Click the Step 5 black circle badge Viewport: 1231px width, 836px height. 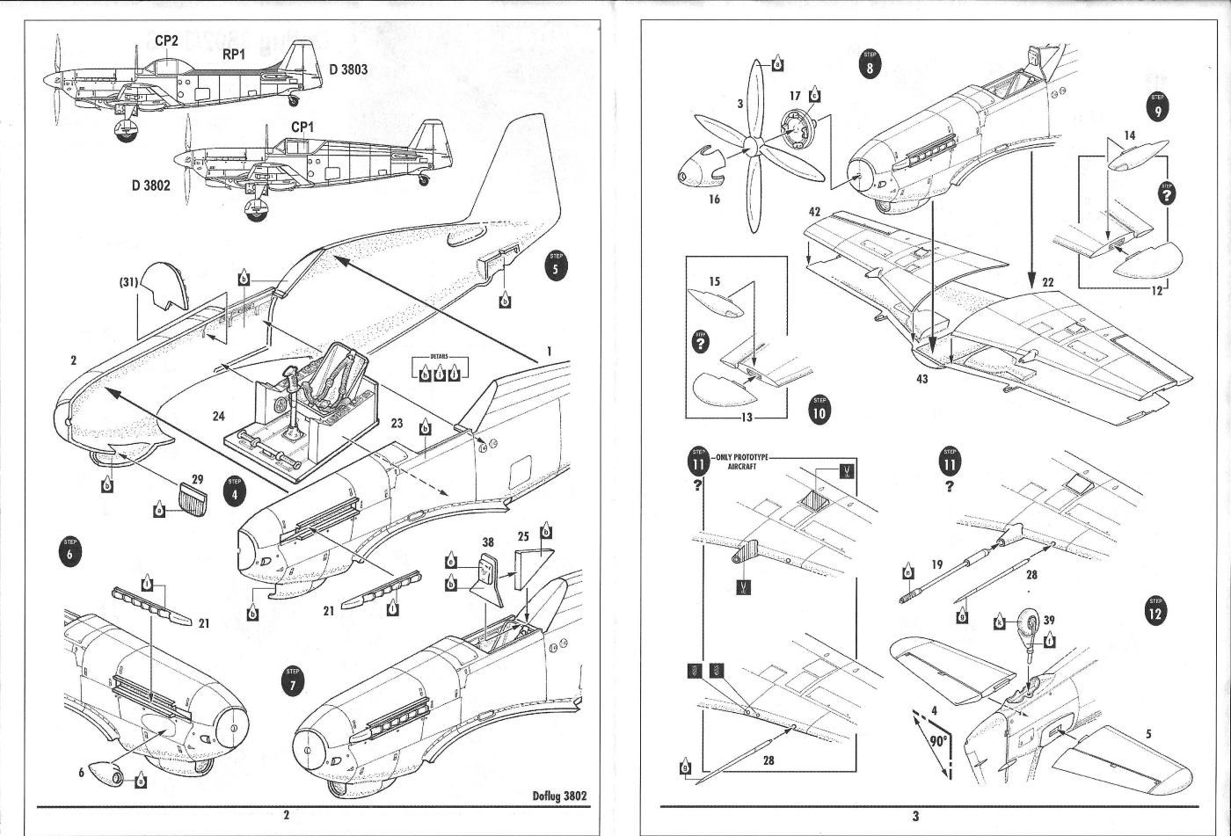[556, 265]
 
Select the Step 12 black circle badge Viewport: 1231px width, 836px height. [1155, 610]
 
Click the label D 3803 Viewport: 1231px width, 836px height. [348, 69]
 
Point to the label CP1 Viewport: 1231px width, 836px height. [303, 127]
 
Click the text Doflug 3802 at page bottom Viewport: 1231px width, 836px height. [559, 796]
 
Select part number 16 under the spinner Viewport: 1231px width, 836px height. [714, 200]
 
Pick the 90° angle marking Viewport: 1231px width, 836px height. [937, 741]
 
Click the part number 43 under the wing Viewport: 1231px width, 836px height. [921, 378]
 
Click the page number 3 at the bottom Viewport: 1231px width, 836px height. [915, 817]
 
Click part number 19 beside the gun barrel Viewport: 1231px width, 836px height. [937, 566]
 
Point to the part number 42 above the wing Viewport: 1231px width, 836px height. [815, 212]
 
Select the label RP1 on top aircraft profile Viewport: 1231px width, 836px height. [234, 55]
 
